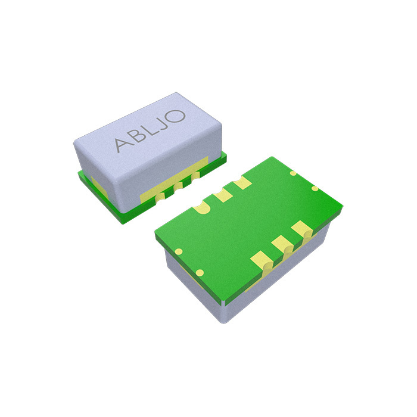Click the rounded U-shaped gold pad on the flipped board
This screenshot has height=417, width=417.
pyautogui.click(x=201, y=207)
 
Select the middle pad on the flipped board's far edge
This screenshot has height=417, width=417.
pyautogui.click(x=223, y=194)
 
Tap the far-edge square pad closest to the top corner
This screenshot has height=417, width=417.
pyautogui.click(x=242, y=183)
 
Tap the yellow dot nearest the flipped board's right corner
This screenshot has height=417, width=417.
pyautogui.click(x=315, y=188)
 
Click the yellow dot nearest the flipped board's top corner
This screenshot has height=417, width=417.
pyautogui.click(x=293, y=173)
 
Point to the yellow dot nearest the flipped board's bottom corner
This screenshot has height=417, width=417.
pyautogui.click(x=200, y=273)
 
